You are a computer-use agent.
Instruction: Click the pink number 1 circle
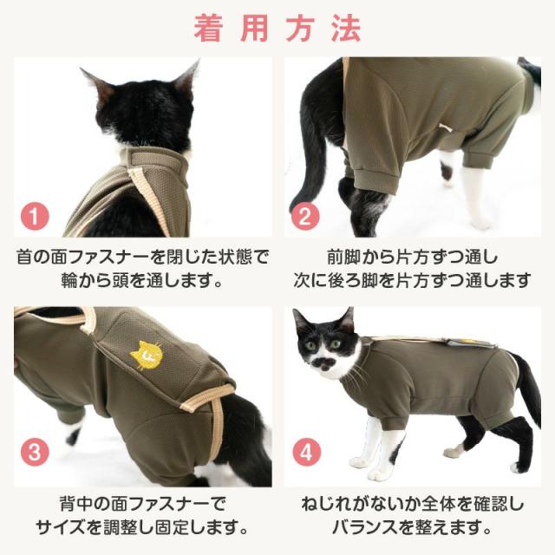(x=35, y=216)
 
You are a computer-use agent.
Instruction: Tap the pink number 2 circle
(x=303, y=216)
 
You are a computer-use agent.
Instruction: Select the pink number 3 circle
(x=35, y=452)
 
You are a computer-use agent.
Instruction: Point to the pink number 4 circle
(x=305, y=452)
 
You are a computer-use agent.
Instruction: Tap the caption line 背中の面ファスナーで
(x=140, y=504)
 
